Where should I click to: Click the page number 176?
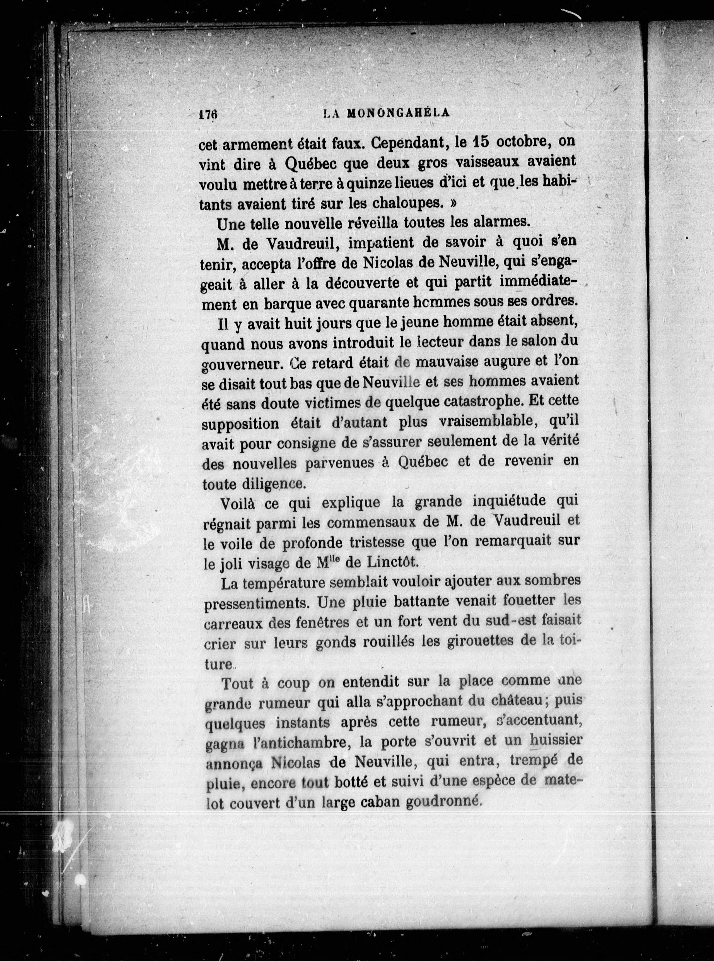point(208,114)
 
